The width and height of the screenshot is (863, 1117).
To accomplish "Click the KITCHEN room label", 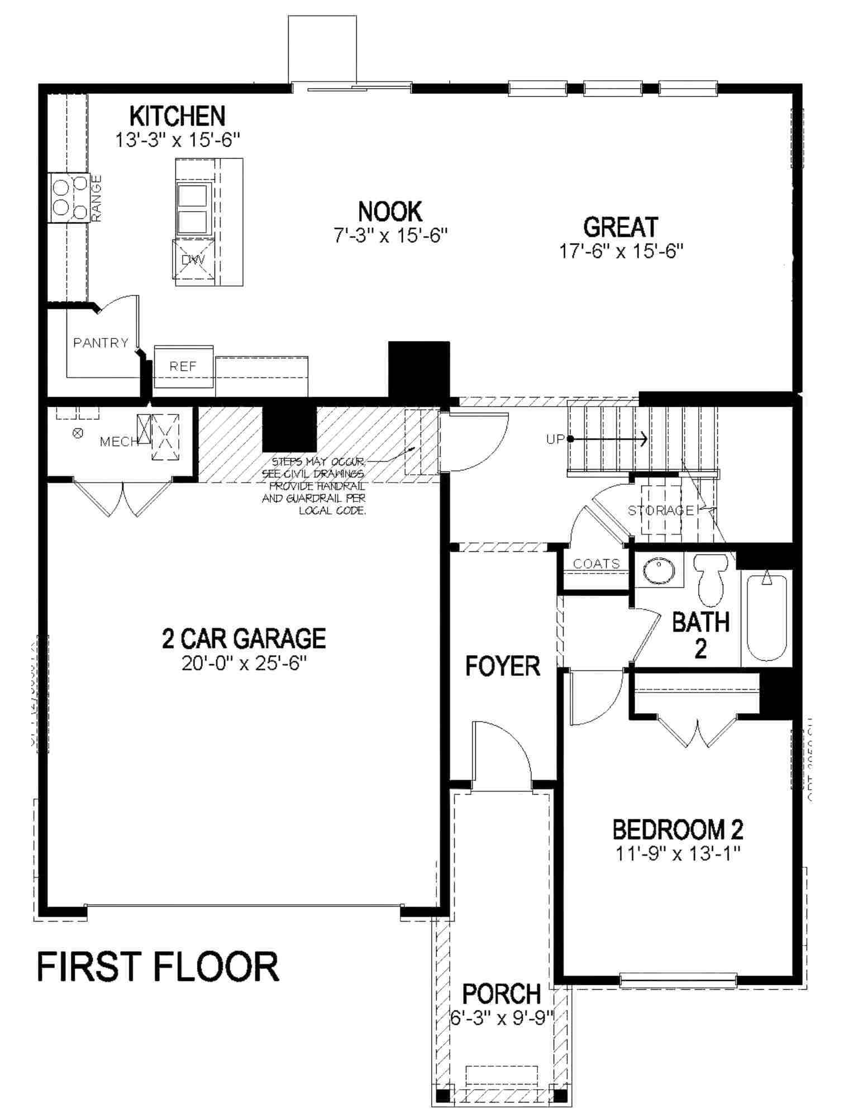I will click(x=178, y=116).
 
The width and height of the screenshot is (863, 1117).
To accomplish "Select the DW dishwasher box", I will click(x=193, y=260).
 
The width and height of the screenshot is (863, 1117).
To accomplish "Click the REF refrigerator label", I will click(x=183, y=366).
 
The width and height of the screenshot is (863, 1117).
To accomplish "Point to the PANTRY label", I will click(x=101, y=342).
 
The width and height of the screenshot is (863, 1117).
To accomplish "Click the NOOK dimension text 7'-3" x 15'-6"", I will click(x=392, y=236).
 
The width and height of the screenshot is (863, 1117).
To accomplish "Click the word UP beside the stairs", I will click(x=556, y=440).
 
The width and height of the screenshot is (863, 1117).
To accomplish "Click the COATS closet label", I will click(x=597, y=564).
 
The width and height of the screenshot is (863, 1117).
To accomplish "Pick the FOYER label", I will click(x=503, y=666).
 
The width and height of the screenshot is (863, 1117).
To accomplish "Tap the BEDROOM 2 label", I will click(x=678, y=830).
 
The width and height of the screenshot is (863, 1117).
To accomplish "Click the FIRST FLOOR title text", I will click(x=158, y=968).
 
